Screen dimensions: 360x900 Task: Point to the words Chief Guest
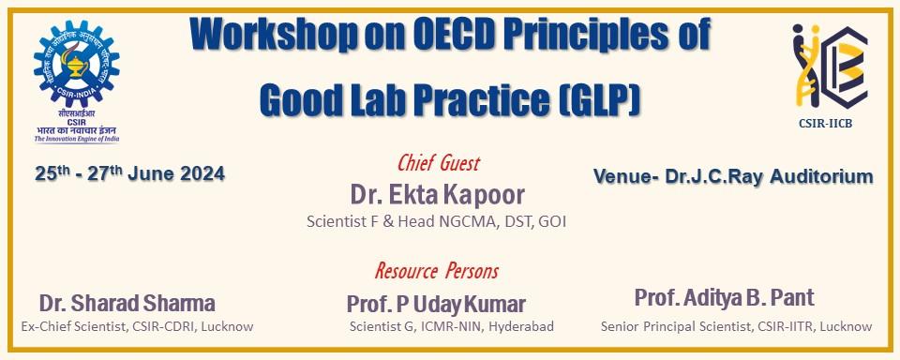[438, 164]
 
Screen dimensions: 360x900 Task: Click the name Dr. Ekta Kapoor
[437, 194]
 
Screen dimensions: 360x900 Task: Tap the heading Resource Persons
[437, 271]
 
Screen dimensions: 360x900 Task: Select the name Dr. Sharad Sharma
[127, 303]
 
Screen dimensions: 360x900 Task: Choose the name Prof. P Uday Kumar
[436, 304]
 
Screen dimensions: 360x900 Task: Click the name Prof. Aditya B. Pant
[725, 298]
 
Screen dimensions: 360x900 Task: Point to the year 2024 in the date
[199, 174]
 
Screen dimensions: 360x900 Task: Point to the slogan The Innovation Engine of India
[77, 139]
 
